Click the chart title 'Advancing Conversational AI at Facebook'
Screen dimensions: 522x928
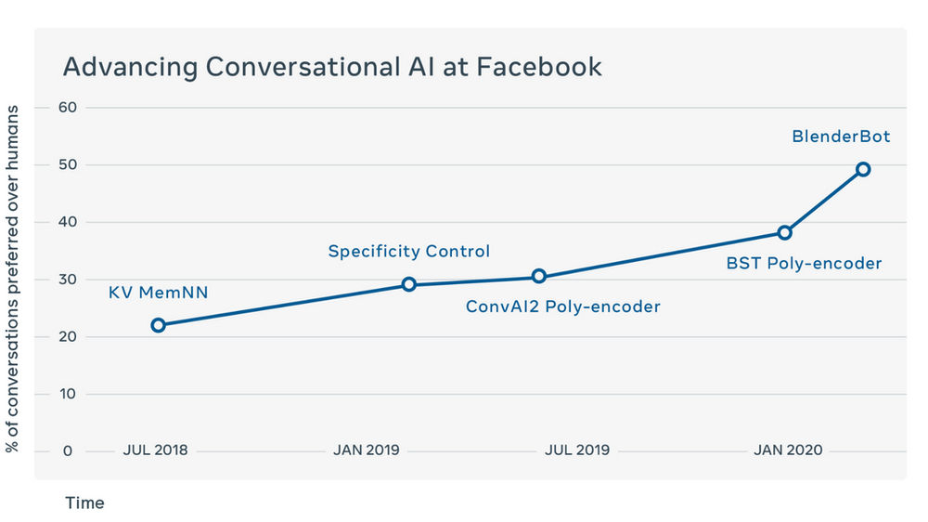point(332,68)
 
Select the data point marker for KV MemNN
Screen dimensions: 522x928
point(158,325)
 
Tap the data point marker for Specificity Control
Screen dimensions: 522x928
point(408,284)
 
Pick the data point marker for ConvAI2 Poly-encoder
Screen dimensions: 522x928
point(539,276)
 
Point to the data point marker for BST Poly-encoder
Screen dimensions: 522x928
point(784,232)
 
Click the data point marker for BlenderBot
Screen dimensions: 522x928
point(863,169)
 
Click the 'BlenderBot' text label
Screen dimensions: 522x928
point(841,137)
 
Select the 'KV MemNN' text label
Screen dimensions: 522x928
point(158,294)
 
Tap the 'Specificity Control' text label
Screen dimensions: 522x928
point(408,252)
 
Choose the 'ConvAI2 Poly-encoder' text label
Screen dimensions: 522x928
point(562,307)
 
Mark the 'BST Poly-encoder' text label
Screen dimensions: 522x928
point(804,264)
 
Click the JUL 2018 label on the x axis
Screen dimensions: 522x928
point(155,450)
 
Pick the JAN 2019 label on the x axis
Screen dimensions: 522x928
point(366,450)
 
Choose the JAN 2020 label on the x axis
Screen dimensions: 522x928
point(788,450)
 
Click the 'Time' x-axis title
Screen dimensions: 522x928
point(84,503)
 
